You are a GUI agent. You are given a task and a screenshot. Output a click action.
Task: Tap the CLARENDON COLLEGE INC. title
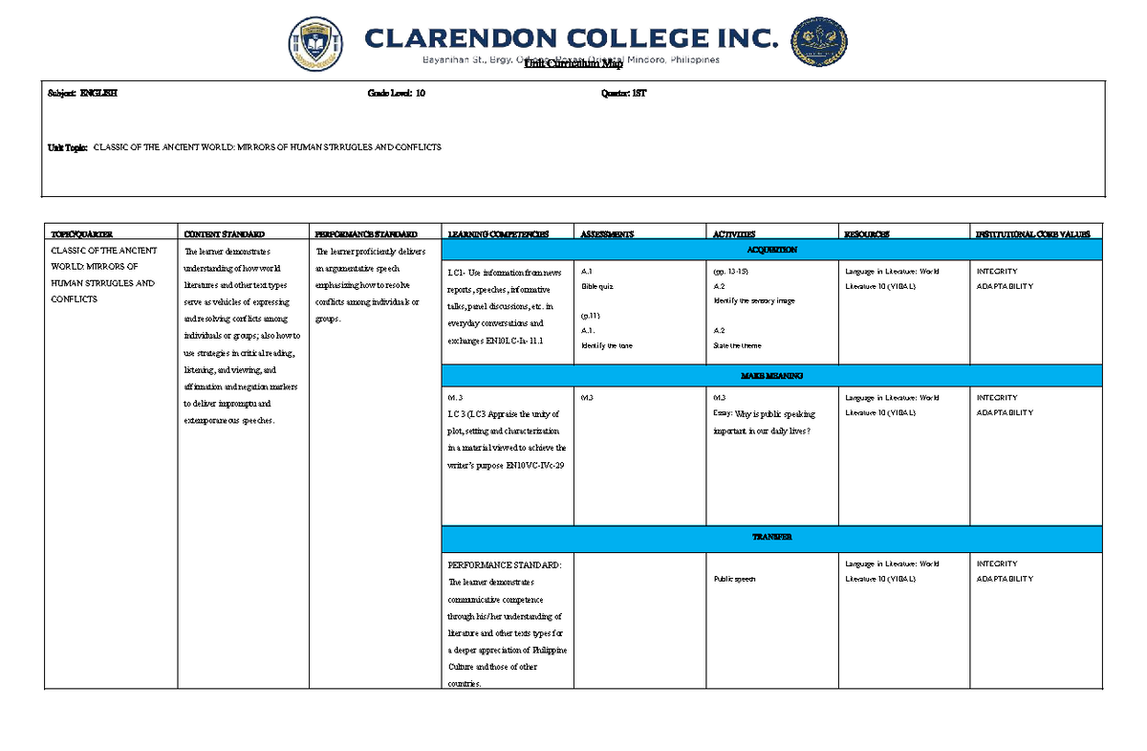click(x=571, y=38)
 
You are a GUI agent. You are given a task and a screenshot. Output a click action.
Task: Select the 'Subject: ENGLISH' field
click(x=83, y=94)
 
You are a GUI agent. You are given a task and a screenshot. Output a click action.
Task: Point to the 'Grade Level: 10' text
click(x=397, y=94)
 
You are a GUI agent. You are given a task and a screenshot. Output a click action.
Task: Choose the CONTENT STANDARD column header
click(x=224, y=233)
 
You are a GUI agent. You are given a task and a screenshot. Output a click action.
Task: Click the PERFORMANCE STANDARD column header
click(x=366, y=233)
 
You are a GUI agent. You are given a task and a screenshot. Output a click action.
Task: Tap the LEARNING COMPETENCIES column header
click(x=498, y=233)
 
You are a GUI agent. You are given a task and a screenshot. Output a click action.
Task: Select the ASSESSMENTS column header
click(x=607, y=233)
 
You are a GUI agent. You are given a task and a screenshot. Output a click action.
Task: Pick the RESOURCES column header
click(x=866, y=233)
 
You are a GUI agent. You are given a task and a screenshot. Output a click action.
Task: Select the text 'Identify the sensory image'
click(x=754, y=300)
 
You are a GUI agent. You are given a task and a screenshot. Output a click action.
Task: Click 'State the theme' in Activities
click(x=738, y=345)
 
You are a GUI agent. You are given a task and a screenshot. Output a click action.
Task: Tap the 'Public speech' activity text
click(x=735, y=579)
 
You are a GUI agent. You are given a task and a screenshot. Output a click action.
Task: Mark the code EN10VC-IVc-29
click(x=535, y=464)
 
